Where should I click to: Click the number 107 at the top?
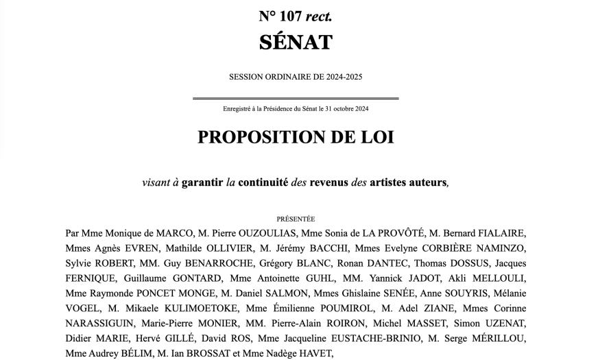(x=291, y=16)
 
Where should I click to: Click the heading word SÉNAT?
(x=296, y=42)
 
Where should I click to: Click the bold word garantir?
(x=202, y=183)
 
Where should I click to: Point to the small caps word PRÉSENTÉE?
(x=296, y=219)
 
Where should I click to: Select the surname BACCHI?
(x=325, y=248)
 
